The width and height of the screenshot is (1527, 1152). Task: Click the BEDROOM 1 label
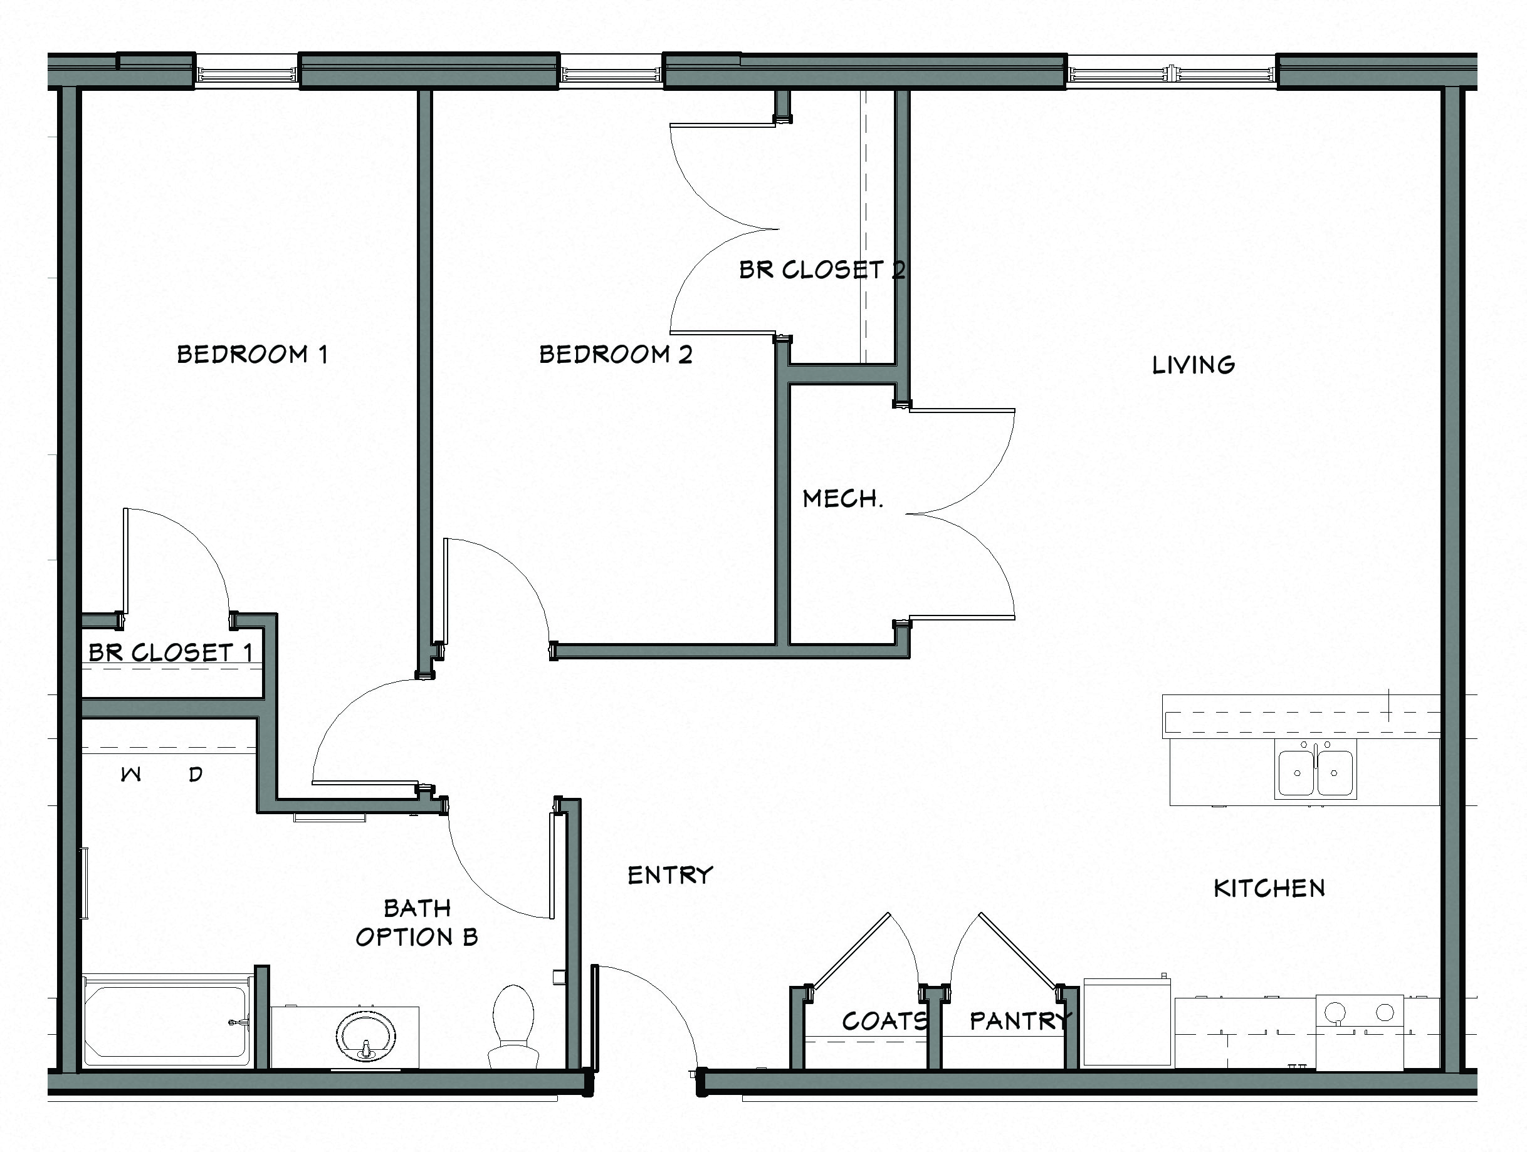[x=252, y=354]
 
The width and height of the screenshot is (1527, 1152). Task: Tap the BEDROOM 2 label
[x=615, y=354]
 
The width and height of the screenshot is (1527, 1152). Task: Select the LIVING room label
[x=1194, y=364]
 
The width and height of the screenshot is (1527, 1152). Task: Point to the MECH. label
[x=842, y=498]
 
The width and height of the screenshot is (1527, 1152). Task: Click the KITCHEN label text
[x=1269, y=888]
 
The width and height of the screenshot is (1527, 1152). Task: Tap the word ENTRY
[x=669, y=875]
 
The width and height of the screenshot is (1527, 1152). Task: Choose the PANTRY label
[x=1021, y=1020]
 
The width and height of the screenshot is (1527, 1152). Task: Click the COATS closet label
[x=884, y=1020]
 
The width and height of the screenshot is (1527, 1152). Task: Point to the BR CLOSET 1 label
[x=171, y=652]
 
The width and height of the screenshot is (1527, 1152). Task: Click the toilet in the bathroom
[x=513, y=1025]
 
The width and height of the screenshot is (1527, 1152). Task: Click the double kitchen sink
[x=1315, y=771]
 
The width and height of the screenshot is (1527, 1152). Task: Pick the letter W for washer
[x=131, y=775]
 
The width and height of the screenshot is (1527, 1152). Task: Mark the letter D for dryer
[x=196, y=775]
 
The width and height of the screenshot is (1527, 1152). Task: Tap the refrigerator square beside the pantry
[x=1127, y=1023]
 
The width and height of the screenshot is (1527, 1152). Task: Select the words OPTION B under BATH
[x=416, y=936]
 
